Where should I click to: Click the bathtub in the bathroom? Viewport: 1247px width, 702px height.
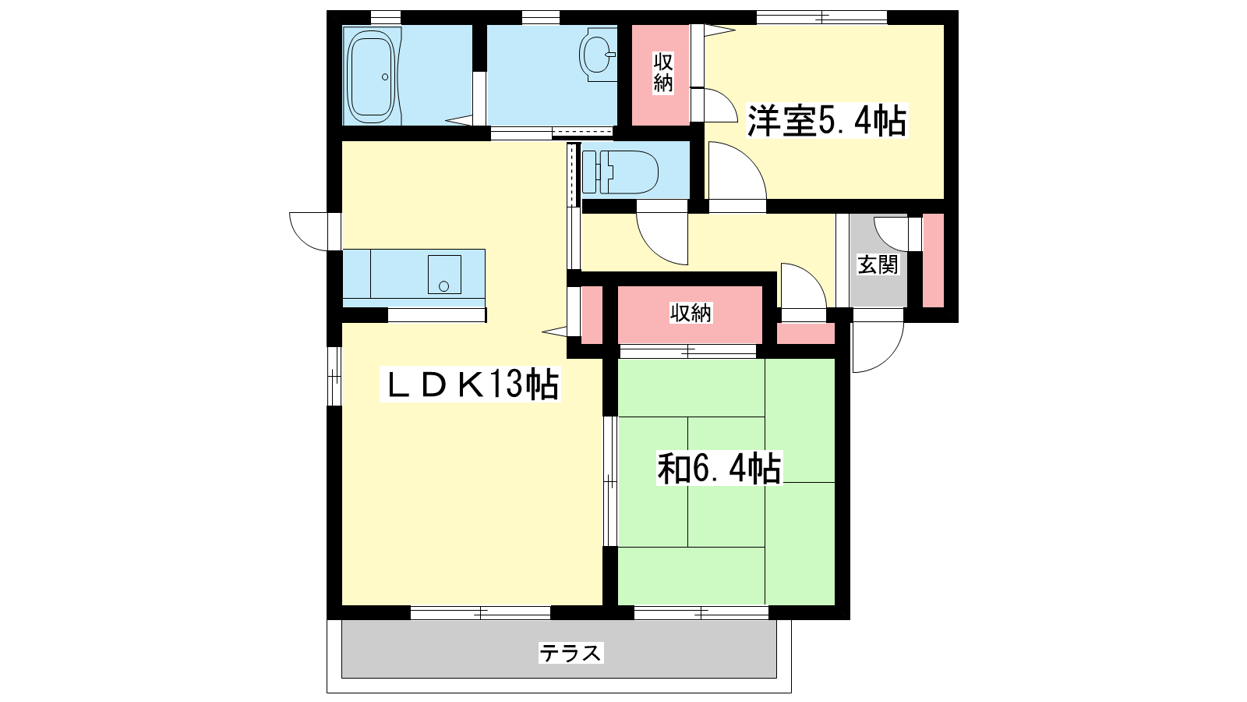point(372,76)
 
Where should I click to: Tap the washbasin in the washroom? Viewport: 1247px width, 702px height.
point(599,55)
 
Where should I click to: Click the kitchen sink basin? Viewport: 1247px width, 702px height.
point(444,274)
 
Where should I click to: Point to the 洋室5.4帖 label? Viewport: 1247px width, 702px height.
point(827,120)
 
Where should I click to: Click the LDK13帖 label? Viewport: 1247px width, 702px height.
point(470,384)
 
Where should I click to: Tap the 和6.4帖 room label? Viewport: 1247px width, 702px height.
point(719,467)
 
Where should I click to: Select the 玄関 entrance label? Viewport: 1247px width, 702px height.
point(878,264)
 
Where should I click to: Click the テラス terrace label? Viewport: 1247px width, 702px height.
point(571,652)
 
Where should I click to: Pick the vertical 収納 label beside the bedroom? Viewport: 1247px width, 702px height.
point(663,72)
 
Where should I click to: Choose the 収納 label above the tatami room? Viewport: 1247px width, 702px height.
point(691,314)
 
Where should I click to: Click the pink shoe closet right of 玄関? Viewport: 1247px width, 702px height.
point(934,261)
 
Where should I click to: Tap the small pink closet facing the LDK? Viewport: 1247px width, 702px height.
point(592,315)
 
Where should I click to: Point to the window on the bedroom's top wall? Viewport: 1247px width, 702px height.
point(821,18)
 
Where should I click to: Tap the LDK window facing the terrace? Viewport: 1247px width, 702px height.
point(480,613)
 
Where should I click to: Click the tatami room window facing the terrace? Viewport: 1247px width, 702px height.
point(701,613)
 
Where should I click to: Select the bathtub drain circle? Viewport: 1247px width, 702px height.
point(385,77)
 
